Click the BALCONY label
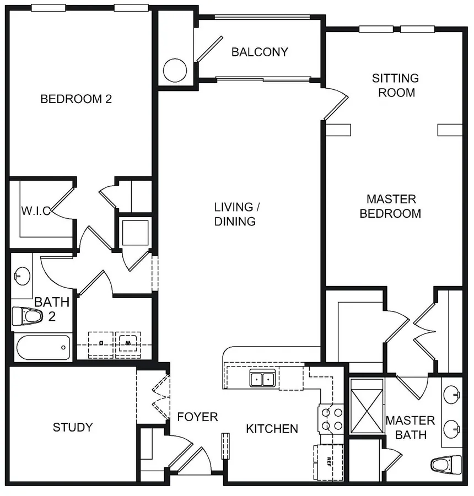(260, 52)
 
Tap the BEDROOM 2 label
(76, 99)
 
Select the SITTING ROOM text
(396, 85)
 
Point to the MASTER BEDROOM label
(390, 206)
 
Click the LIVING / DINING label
(236, 214)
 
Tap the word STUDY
(73, 427)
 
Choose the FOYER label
(197, 417)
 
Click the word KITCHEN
(272, 429)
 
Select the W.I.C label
(36, 211)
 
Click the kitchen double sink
(262, 378)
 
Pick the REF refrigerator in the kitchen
(328, 462)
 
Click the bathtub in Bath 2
(43, 348)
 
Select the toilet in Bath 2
(27, 316)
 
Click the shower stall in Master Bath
(367, 407)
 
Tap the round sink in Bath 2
(22, 276)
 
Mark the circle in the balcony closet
(175, 71)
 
